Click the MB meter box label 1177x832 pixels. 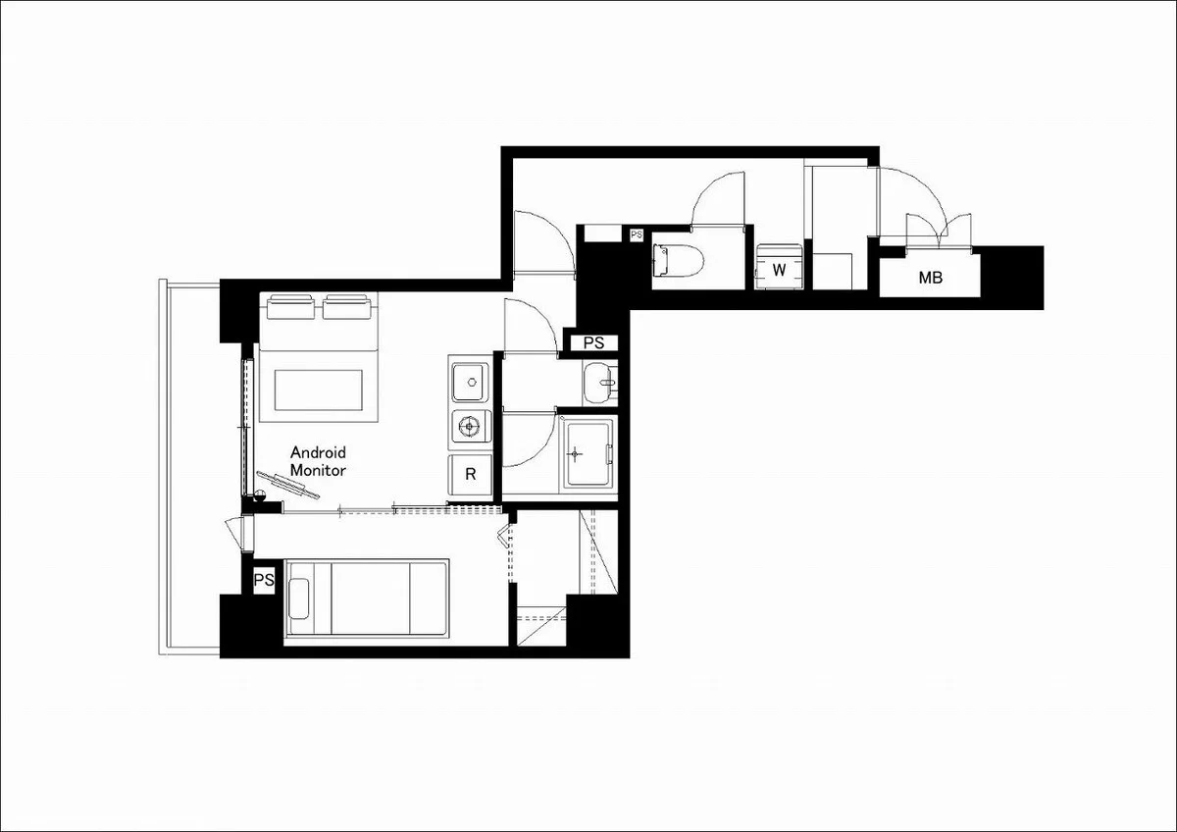tap(930, 278)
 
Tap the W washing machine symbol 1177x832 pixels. tap(779, 267)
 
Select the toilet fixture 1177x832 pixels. tap(679, 260)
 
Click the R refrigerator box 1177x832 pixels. tap(470, 475)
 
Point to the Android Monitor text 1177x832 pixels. tap(318, 461)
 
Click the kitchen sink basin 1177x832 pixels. tap(470, 382)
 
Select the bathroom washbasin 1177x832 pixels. tap(599, 383)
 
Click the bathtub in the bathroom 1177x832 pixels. tap(588, 452)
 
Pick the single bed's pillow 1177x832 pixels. tap(298, 599)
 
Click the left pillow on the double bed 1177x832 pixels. tap(291, 307)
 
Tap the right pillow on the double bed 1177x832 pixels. tap(347, 307)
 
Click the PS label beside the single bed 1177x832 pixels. tap(264, 580)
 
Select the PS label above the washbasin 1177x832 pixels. tap(593, 342)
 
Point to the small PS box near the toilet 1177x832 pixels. tap(637, 234)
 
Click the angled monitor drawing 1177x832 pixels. tap(287, 485)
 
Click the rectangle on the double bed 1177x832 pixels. tap(319, 390)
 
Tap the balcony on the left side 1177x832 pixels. tap(189, 468)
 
